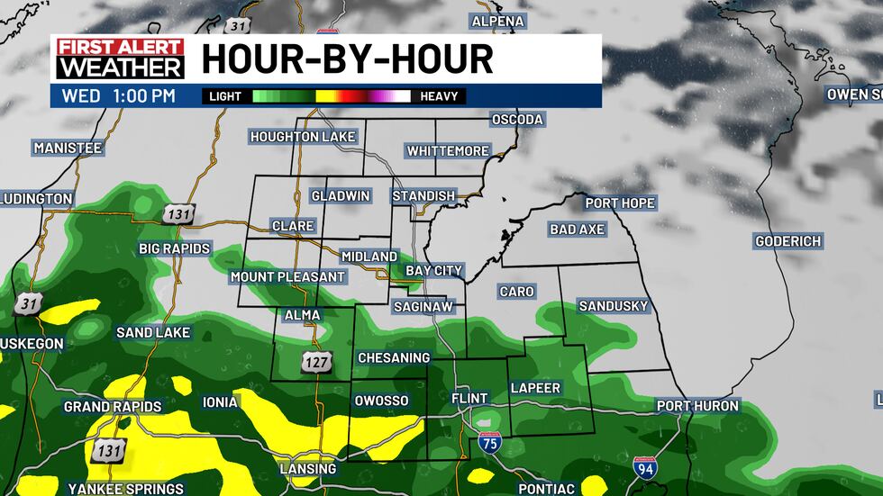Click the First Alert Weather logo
click(x=119, y=59)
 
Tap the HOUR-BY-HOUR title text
click(x=347, y=59)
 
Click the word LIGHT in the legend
click(x=225, y=96)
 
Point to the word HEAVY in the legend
click(x=439, y=96)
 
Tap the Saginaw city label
click(x=423, y=307)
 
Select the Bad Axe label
click(x=577, y=230)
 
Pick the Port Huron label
click(x=697, y=406)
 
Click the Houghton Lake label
click(x=304, y=137)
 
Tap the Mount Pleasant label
click(x=287, y=276)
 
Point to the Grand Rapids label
click(x=113, y=407)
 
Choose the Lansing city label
click(x=308, y=469)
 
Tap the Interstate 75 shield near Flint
click(x=489, y=442)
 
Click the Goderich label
click(x=788, y=241)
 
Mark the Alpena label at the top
click(x=498, y=21)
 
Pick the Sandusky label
click(x=613, y=306)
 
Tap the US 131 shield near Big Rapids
click(x=175, y=214)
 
